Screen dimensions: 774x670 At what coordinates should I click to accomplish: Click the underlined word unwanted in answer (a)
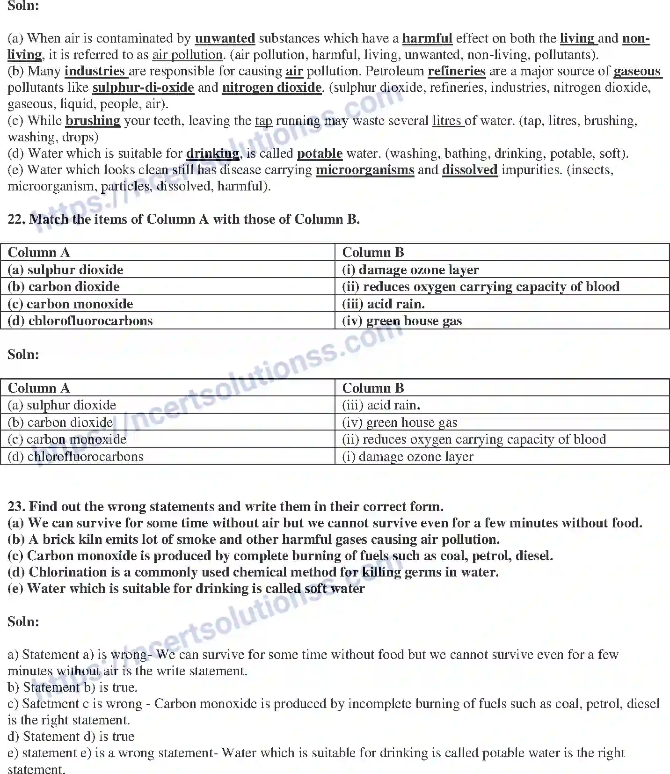pyautogui.click(x=225, y=38)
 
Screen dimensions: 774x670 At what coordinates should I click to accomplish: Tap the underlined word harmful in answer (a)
pyautogui.click(x=427, y=38)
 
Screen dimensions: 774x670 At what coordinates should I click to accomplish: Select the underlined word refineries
pyautogui.click(x=456, y=71)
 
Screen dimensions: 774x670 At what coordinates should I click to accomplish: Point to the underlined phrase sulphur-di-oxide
pyautogui.click(x=143, y=88)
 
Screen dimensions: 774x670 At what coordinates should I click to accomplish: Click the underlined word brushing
pyautogui.click(x=93, y=121)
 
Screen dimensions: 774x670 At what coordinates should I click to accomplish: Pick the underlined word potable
pyautogui.click(x=320, y=153)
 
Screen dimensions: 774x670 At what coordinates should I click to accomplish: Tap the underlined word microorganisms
pyautogui.click(x=364, y=170)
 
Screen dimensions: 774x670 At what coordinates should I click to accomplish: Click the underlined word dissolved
pyautogui.click(x=469, y=170)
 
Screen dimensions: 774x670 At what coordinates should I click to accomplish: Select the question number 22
pyautogui.click(x=16, y=219)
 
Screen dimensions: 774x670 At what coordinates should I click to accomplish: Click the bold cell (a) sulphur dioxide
pyautogui.click(x=66, y=270)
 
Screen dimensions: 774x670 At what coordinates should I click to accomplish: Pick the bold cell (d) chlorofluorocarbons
pyautogui.click(x=80, y=321)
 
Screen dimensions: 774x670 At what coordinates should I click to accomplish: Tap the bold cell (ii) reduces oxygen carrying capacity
pyautogui.click(x=481, y=286)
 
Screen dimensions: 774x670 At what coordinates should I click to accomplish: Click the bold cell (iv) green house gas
pyautogui.click(x=402, y=321)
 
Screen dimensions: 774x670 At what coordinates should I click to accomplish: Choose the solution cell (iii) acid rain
pyautogui.click(x=381, y=405)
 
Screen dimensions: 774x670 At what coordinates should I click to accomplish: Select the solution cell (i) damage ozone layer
pyautogui.click(x=408, y=456)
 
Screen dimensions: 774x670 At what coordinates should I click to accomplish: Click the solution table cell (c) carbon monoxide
pyautogui.click(x=67, y=439)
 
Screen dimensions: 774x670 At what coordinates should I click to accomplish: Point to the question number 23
pyautogui.click(x=16, y=506)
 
